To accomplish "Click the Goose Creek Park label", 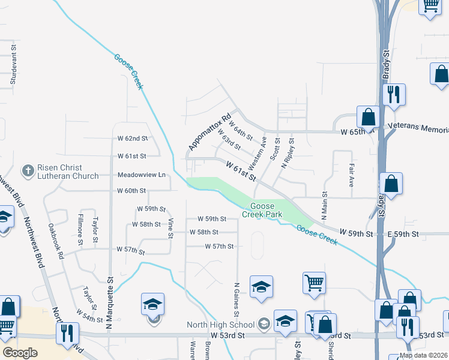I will (x=258, y=210).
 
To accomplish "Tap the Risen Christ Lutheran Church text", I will (x=68, y=172).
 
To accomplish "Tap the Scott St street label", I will (x=276, y=148).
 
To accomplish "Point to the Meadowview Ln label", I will (x=140, y=175).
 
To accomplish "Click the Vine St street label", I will (x=170, y=229).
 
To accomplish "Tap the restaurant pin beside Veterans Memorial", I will (x=394, y=95).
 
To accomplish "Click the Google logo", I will (x=20, y=353).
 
